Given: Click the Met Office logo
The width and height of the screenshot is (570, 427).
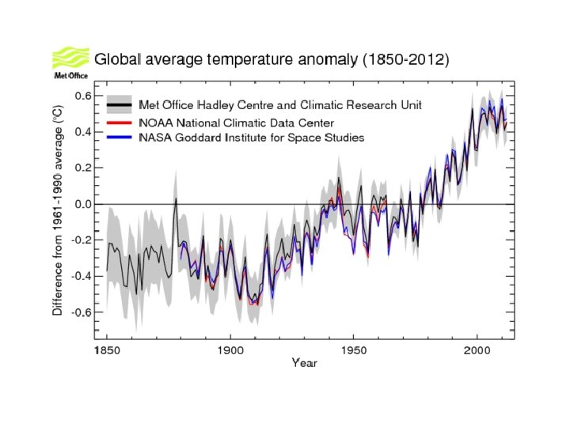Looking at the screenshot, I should (70, 63).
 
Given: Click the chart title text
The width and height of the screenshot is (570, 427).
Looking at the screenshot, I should (272, 60).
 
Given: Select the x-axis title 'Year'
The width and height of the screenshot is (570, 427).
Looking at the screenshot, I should (304, 363).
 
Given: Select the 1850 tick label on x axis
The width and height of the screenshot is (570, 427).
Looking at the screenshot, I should (107, 349).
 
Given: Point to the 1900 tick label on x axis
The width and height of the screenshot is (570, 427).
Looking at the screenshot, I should (230, 349).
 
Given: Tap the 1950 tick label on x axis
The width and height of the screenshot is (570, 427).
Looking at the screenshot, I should (354, 349).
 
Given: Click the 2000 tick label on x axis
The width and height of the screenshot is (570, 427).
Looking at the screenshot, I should (477, 349).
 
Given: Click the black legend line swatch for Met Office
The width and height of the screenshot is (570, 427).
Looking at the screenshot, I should (118, 105).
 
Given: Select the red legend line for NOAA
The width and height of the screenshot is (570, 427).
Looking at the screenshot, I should (118, 123).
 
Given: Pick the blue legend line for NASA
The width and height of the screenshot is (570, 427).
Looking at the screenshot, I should (118, 138).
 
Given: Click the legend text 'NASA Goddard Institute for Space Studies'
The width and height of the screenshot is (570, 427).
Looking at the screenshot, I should (251, 138).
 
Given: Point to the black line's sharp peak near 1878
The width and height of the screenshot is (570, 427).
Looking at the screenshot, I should (176, 198).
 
